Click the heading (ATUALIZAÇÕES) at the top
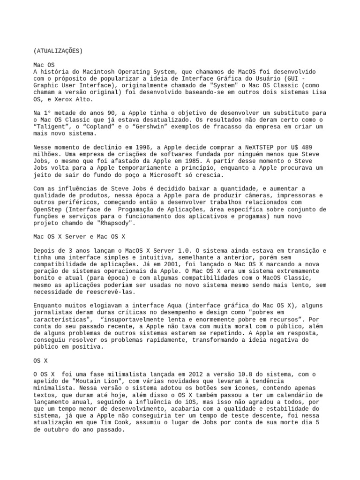click(x=58, y=51)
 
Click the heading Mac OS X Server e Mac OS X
click(x=79, y=238)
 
